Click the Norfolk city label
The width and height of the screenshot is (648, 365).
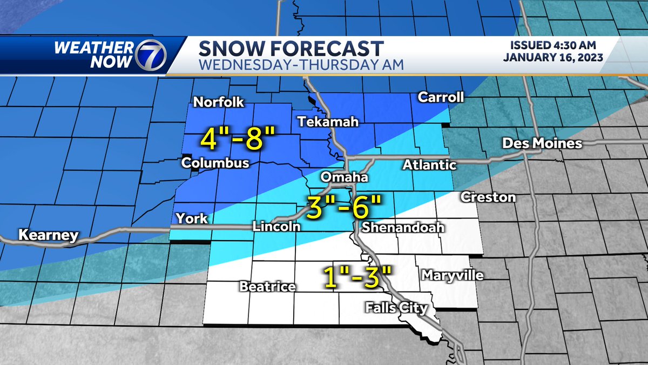[219, 102]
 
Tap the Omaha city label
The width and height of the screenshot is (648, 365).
[345, 177]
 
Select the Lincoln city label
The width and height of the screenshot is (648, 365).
[276, 227]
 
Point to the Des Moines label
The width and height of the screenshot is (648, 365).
[542, 143]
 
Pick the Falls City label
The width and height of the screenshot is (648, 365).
[396, 308]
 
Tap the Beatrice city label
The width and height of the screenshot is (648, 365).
[268, 286]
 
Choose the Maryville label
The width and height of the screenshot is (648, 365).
[452, 276]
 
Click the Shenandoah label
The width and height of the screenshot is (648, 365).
[403, 228]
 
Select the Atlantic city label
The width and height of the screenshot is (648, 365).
[429, 165]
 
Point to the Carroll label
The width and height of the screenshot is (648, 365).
[441, 97]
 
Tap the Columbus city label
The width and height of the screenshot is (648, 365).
[215, 163]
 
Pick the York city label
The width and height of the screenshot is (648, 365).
[192, 218]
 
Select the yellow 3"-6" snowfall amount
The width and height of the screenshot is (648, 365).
[344, 206]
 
